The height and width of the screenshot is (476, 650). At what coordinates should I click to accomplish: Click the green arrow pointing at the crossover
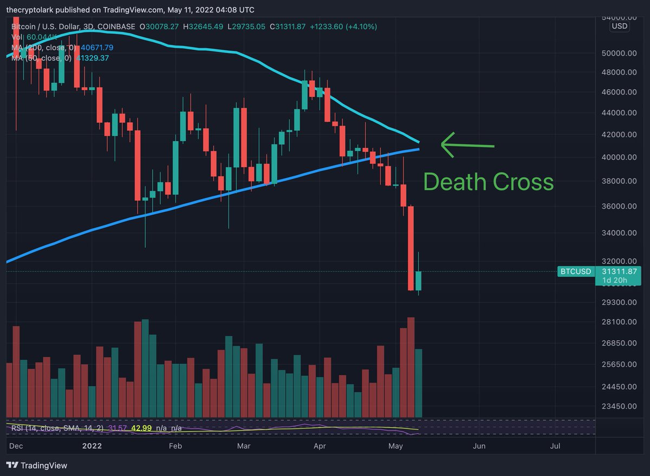tap(467, 145)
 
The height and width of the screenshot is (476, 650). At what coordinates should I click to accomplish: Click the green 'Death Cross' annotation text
tap(488, 182)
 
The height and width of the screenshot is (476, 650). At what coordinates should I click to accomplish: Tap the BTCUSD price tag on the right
tap(575, 271)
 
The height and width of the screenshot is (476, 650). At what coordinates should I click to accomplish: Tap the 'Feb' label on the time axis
tap(175, 446)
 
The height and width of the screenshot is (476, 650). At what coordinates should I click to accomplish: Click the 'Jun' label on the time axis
tap(479, 446)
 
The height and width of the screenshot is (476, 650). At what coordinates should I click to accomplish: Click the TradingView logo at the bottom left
tap(37, 465)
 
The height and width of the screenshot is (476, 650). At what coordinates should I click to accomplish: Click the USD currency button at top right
tap(619, 26)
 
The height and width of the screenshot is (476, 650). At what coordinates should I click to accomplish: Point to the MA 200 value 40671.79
tap(95, 48)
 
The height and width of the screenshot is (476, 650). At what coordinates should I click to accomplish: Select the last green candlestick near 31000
tap(418, 280)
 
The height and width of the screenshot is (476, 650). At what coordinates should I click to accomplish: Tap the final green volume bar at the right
tap(418, 383)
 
